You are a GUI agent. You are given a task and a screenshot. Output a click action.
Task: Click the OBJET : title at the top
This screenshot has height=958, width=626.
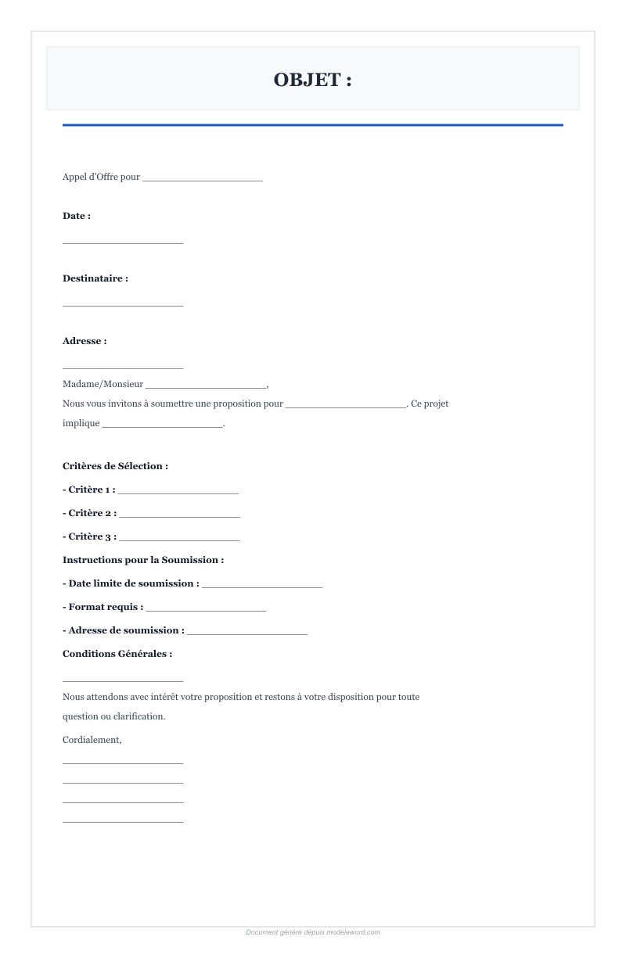coord(312,80)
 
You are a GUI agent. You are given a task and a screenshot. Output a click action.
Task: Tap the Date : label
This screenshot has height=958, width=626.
coord(77,216)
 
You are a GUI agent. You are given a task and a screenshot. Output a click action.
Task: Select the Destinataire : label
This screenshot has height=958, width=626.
coord(95,278)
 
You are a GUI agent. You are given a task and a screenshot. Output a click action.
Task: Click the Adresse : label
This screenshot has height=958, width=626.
coord(85,341)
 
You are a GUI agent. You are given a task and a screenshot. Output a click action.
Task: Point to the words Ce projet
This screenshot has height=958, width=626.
coord(430,404)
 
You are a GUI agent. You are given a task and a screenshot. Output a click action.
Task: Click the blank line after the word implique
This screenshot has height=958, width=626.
coord(162,425)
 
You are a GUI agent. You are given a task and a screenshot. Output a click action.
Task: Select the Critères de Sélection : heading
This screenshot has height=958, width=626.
coord(115,466)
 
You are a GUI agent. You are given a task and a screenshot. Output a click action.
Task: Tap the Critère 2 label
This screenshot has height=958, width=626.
coord(90,513)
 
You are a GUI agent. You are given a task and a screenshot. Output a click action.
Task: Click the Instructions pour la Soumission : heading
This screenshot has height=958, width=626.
coord(143,560)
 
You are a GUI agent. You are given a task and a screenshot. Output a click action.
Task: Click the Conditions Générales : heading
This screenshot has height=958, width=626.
coord(117,654)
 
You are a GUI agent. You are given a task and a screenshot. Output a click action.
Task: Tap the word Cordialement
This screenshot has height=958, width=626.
coord(92,740)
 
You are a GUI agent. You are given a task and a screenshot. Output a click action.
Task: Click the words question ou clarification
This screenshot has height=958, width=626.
coord(113,716)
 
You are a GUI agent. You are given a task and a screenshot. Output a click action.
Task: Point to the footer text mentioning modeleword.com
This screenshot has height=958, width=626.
coord(313,932)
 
